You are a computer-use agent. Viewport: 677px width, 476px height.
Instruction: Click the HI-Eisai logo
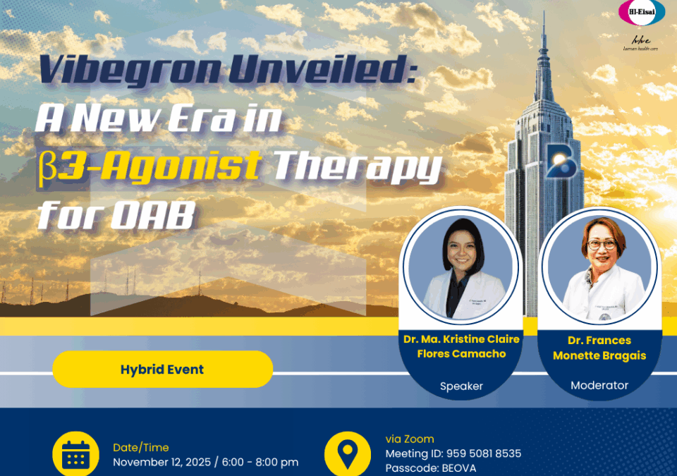tap(641, 13)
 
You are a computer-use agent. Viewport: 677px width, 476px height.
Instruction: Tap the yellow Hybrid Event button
tap(162, 370)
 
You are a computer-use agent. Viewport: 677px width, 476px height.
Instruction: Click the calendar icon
tap(76, 456)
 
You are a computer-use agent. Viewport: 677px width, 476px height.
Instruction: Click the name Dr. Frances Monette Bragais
tap(599, 348)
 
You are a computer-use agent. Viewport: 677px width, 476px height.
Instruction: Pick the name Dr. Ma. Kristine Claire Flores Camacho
tap(461, 346)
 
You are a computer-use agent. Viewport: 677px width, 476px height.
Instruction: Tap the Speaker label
tap(461, 386)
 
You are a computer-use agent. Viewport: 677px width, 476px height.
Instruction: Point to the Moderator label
tap(599, 385)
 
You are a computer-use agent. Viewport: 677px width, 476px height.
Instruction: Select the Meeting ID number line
tap(453, 453)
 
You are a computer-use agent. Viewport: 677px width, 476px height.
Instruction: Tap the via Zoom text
tap(410, 439)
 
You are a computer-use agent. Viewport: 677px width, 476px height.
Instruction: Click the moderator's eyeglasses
tap(602, 245)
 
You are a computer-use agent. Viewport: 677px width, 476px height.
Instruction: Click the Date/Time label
tap(141, 447)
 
